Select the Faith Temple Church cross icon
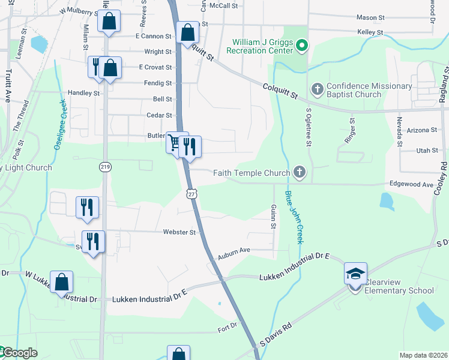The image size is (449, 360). coord(299,173)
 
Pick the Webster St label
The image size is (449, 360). coord(179,232)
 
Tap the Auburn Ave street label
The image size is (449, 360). coord(233,253)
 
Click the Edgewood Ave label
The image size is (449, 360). coord(411,185)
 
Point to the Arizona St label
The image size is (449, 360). coord(421,130)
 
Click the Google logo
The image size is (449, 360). coord(20,353)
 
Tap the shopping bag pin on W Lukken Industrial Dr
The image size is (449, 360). coord(61,282)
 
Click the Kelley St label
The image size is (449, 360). coord(370,32)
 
